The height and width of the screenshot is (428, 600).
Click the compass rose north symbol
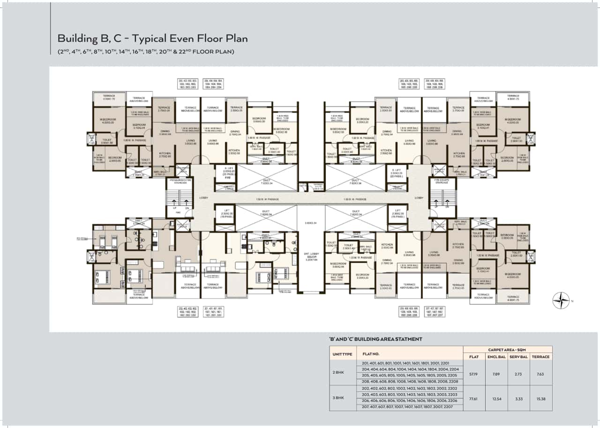point(561,300)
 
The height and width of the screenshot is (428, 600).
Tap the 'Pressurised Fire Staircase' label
point(179,180)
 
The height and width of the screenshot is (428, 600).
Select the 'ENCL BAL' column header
point(496,357)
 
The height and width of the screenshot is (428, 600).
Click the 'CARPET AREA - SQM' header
point(508,349)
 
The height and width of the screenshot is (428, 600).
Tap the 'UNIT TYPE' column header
point(342,354)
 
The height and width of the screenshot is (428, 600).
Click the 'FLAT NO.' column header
point(368,354)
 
